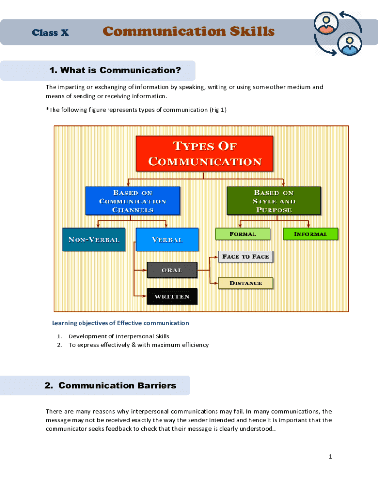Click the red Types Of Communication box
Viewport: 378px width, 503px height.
(204, 154)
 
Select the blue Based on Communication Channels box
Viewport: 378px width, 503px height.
(133, 200)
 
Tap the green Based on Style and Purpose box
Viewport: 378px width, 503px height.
(273, 200)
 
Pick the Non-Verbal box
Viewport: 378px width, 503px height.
(94, 240)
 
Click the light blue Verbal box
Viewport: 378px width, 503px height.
(167, 240)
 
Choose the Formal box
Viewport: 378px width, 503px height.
(243, 234)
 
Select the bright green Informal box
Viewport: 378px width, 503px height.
(310, 234)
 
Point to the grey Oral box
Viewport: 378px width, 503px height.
(172, 270)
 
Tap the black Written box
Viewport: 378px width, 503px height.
(172, 296)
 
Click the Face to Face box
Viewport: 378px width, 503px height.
(245, 256)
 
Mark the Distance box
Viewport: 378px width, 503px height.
(245, 283)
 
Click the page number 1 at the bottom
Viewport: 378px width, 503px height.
(330, 457)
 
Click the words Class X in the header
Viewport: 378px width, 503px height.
(50, 33)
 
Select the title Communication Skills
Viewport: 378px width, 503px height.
(189, 32)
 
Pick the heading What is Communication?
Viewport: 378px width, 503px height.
(115, 70)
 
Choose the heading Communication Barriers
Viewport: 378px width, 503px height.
(110, 386)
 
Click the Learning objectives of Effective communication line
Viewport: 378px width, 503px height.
(120, 323)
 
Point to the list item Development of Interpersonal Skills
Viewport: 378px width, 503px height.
(119, 336)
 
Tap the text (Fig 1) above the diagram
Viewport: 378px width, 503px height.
(217, 110)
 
